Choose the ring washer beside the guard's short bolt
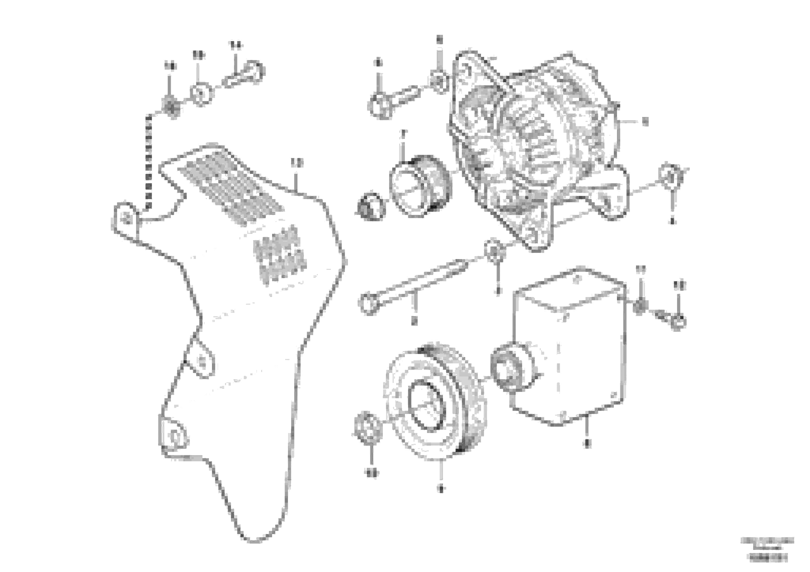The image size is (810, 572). point(202,94)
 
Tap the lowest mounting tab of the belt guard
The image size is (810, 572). point(174,436)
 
